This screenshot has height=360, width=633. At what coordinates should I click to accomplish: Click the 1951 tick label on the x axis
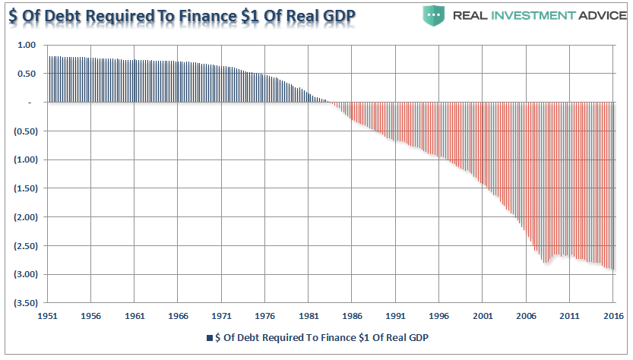48,314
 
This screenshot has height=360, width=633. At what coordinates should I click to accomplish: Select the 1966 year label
179,314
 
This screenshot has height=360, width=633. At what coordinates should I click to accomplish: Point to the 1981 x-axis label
309,314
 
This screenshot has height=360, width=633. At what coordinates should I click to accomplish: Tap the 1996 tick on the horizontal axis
439,314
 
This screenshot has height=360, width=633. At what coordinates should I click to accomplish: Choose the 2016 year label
613,314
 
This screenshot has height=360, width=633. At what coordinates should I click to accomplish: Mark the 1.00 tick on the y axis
27,45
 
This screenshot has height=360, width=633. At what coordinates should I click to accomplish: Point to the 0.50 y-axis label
27,74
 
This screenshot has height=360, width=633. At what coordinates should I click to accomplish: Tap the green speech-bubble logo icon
434,14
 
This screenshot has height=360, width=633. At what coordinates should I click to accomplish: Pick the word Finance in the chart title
204,16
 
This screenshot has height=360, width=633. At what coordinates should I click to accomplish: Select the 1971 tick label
222,314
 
